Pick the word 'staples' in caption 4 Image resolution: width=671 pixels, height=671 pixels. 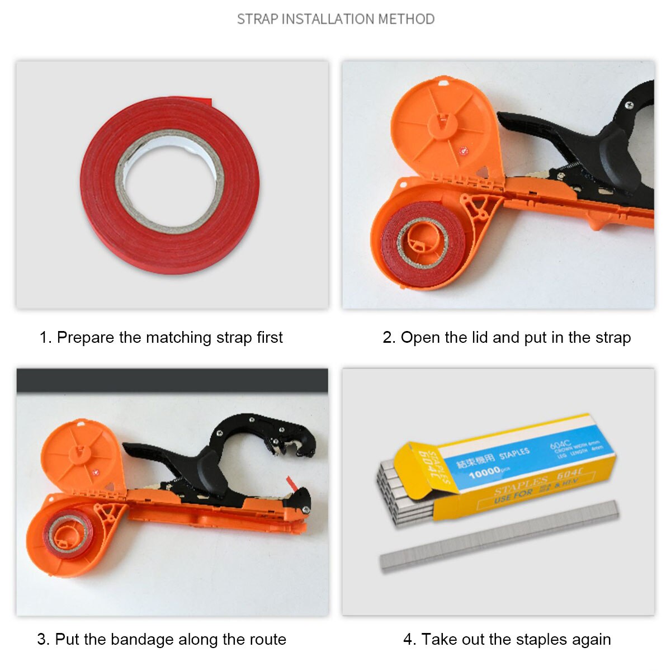(540, 639)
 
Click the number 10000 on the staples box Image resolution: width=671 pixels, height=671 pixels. (484, 474)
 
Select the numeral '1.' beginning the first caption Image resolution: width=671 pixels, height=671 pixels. (45, 338)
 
